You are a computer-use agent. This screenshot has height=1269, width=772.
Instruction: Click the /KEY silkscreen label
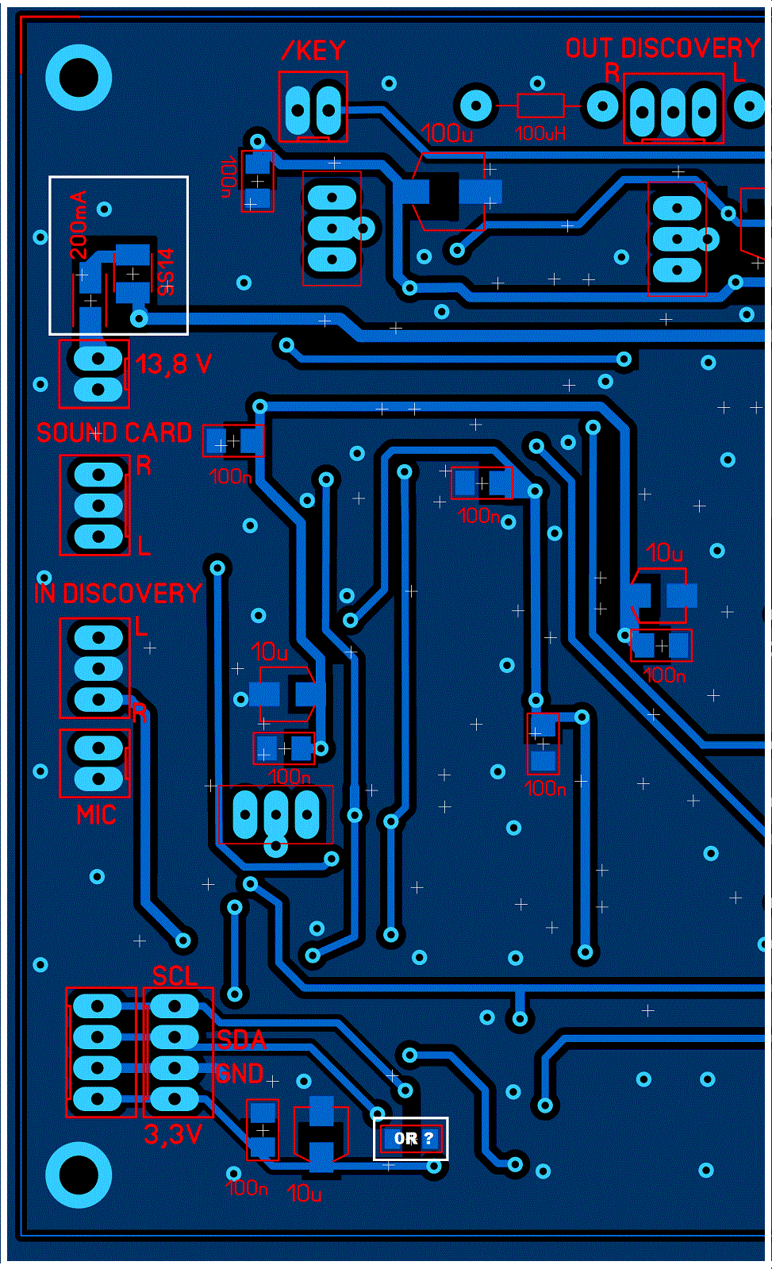(x=314, y=51)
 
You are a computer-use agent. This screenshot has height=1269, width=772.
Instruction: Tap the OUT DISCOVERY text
(x=663, y=48)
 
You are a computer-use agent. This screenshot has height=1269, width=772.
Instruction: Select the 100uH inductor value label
(x=540, y=133)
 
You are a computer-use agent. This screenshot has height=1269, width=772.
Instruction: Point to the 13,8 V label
(x=174, y=364)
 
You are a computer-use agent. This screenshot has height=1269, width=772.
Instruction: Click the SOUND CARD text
(x=114, y=433)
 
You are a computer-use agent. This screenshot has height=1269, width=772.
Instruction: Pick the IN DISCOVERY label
(x=118, y=594)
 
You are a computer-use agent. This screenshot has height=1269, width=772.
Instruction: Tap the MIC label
(x=96, y=815)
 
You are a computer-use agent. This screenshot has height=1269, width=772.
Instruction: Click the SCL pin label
(x=175, y=975)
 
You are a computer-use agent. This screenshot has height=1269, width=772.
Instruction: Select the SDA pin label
(x=241, y=1040)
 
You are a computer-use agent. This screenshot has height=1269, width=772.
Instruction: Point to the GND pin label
(x=240, y=1074)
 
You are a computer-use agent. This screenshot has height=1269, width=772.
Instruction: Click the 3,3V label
(x=173, y=1135)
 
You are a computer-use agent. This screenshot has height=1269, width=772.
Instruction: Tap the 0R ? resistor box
(x=411, y=1139)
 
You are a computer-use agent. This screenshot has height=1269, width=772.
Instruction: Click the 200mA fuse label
(x=79, y=225)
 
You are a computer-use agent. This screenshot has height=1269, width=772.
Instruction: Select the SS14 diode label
(x=165, y=272)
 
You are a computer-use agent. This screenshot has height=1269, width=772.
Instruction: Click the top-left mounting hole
(x=79, y=78)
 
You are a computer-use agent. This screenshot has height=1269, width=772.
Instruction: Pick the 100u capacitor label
(x=447, y=133)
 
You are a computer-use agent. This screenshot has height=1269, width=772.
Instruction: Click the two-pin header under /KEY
(x=313, y=107)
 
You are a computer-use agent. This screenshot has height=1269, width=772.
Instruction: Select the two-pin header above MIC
(x=97, y=763)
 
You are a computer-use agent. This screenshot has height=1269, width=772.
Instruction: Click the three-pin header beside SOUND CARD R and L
(x=97, y=506)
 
